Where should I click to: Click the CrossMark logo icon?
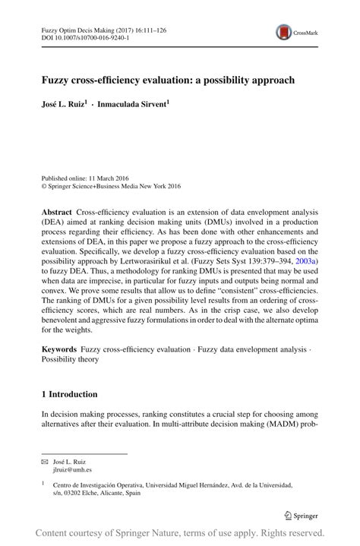pos(286,32)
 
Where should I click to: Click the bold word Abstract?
pos(56,214)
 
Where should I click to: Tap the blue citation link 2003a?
pos(306,260)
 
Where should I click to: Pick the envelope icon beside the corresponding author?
pos(43,461)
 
